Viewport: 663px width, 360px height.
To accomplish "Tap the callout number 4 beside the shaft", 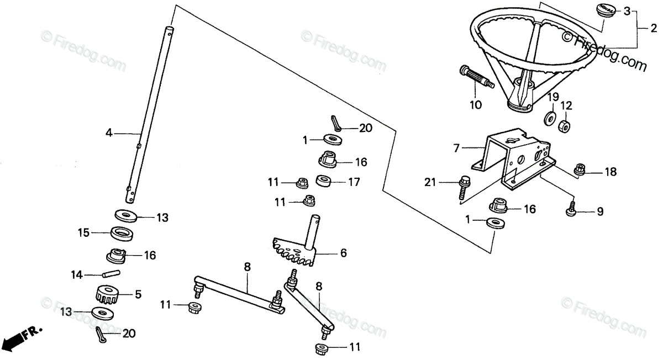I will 109,133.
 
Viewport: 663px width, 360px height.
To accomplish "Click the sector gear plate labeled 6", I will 296,252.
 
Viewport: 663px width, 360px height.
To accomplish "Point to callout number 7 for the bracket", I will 456,148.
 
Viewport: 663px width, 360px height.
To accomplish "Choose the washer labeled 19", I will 550,118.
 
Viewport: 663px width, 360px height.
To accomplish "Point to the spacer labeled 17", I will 323,181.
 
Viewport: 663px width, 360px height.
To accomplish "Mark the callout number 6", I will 343,253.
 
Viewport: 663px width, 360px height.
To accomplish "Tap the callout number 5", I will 138,294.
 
